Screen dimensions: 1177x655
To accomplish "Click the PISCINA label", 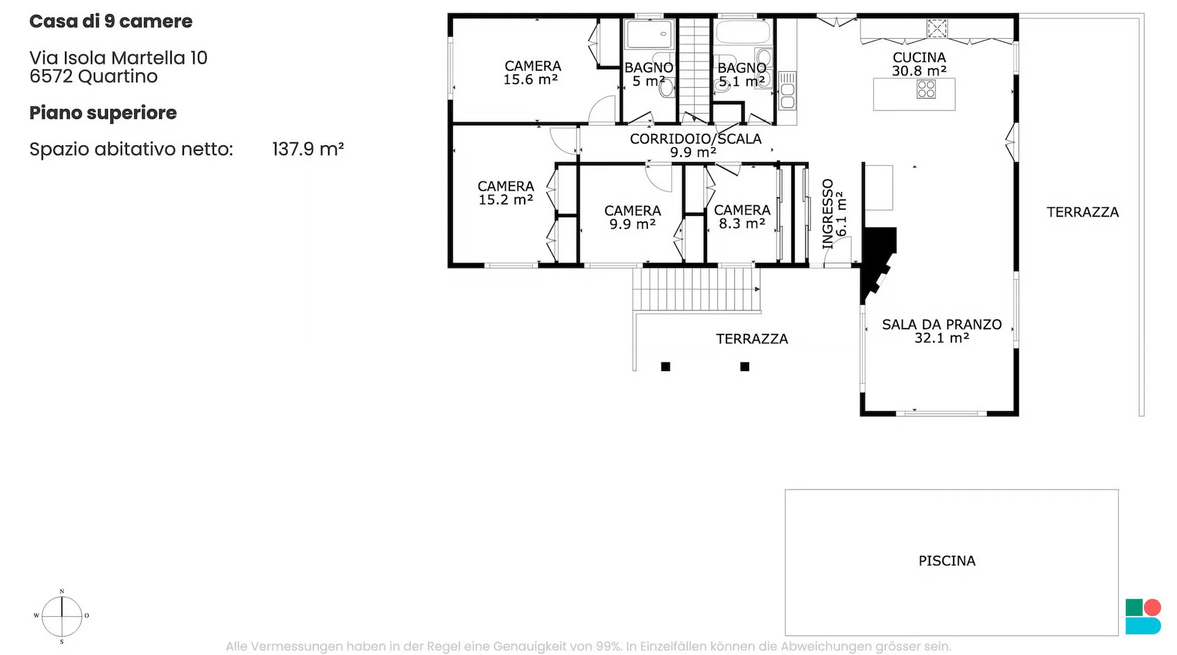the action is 947,561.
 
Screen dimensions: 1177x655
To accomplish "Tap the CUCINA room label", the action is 919,57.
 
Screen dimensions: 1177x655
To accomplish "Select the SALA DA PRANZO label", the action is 942,324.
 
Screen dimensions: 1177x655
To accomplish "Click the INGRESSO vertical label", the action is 828,214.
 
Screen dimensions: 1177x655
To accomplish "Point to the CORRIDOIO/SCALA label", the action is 696,139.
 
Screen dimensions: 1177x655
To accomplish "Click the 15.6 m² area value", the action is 530,79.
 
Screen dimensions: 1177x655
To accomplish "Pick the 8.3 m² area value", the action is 742,224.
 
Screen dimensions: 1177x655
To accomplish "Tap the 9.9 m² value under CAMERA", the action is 632,224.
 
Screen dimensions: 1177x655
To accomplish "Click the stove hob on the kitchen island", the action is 926,90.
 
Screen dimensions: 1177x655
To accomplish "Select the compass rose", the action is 62,616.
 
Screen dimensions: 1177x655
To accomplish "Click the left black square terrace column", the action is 666,367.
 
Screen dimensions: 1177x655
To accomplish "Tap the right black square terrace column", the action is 745,367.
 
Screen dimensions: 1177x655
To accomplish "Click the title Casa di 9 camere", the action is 111,21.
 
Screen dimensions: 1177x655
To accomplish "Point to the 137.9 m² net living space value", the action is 308,149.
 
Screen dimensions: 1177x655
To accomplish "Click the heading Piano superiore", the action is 103,113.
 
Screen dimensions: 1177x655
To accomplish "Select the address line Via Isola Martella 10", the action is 118,58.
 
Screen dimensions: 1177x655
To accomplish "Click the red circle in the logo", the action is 1152,607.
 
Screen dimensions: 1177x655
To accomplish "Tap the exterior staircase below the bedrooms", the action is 696,289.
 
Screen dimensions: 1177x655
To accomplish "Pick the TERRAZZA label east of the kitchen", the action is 1083,212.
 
